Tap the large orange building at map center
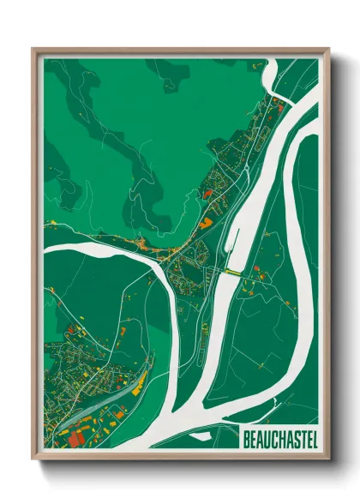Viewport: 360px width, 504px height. [x=205, y=223]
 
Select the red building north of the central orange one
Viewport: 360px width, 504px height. [x=207, y=195]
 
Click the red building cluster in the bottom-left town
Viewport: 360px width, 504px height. [x=75, y=438]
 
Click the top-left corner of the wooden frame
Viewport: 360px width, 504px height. [x=33, y=49]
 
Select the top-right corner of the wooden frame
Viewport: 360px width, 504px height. [x=328, y=49]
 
